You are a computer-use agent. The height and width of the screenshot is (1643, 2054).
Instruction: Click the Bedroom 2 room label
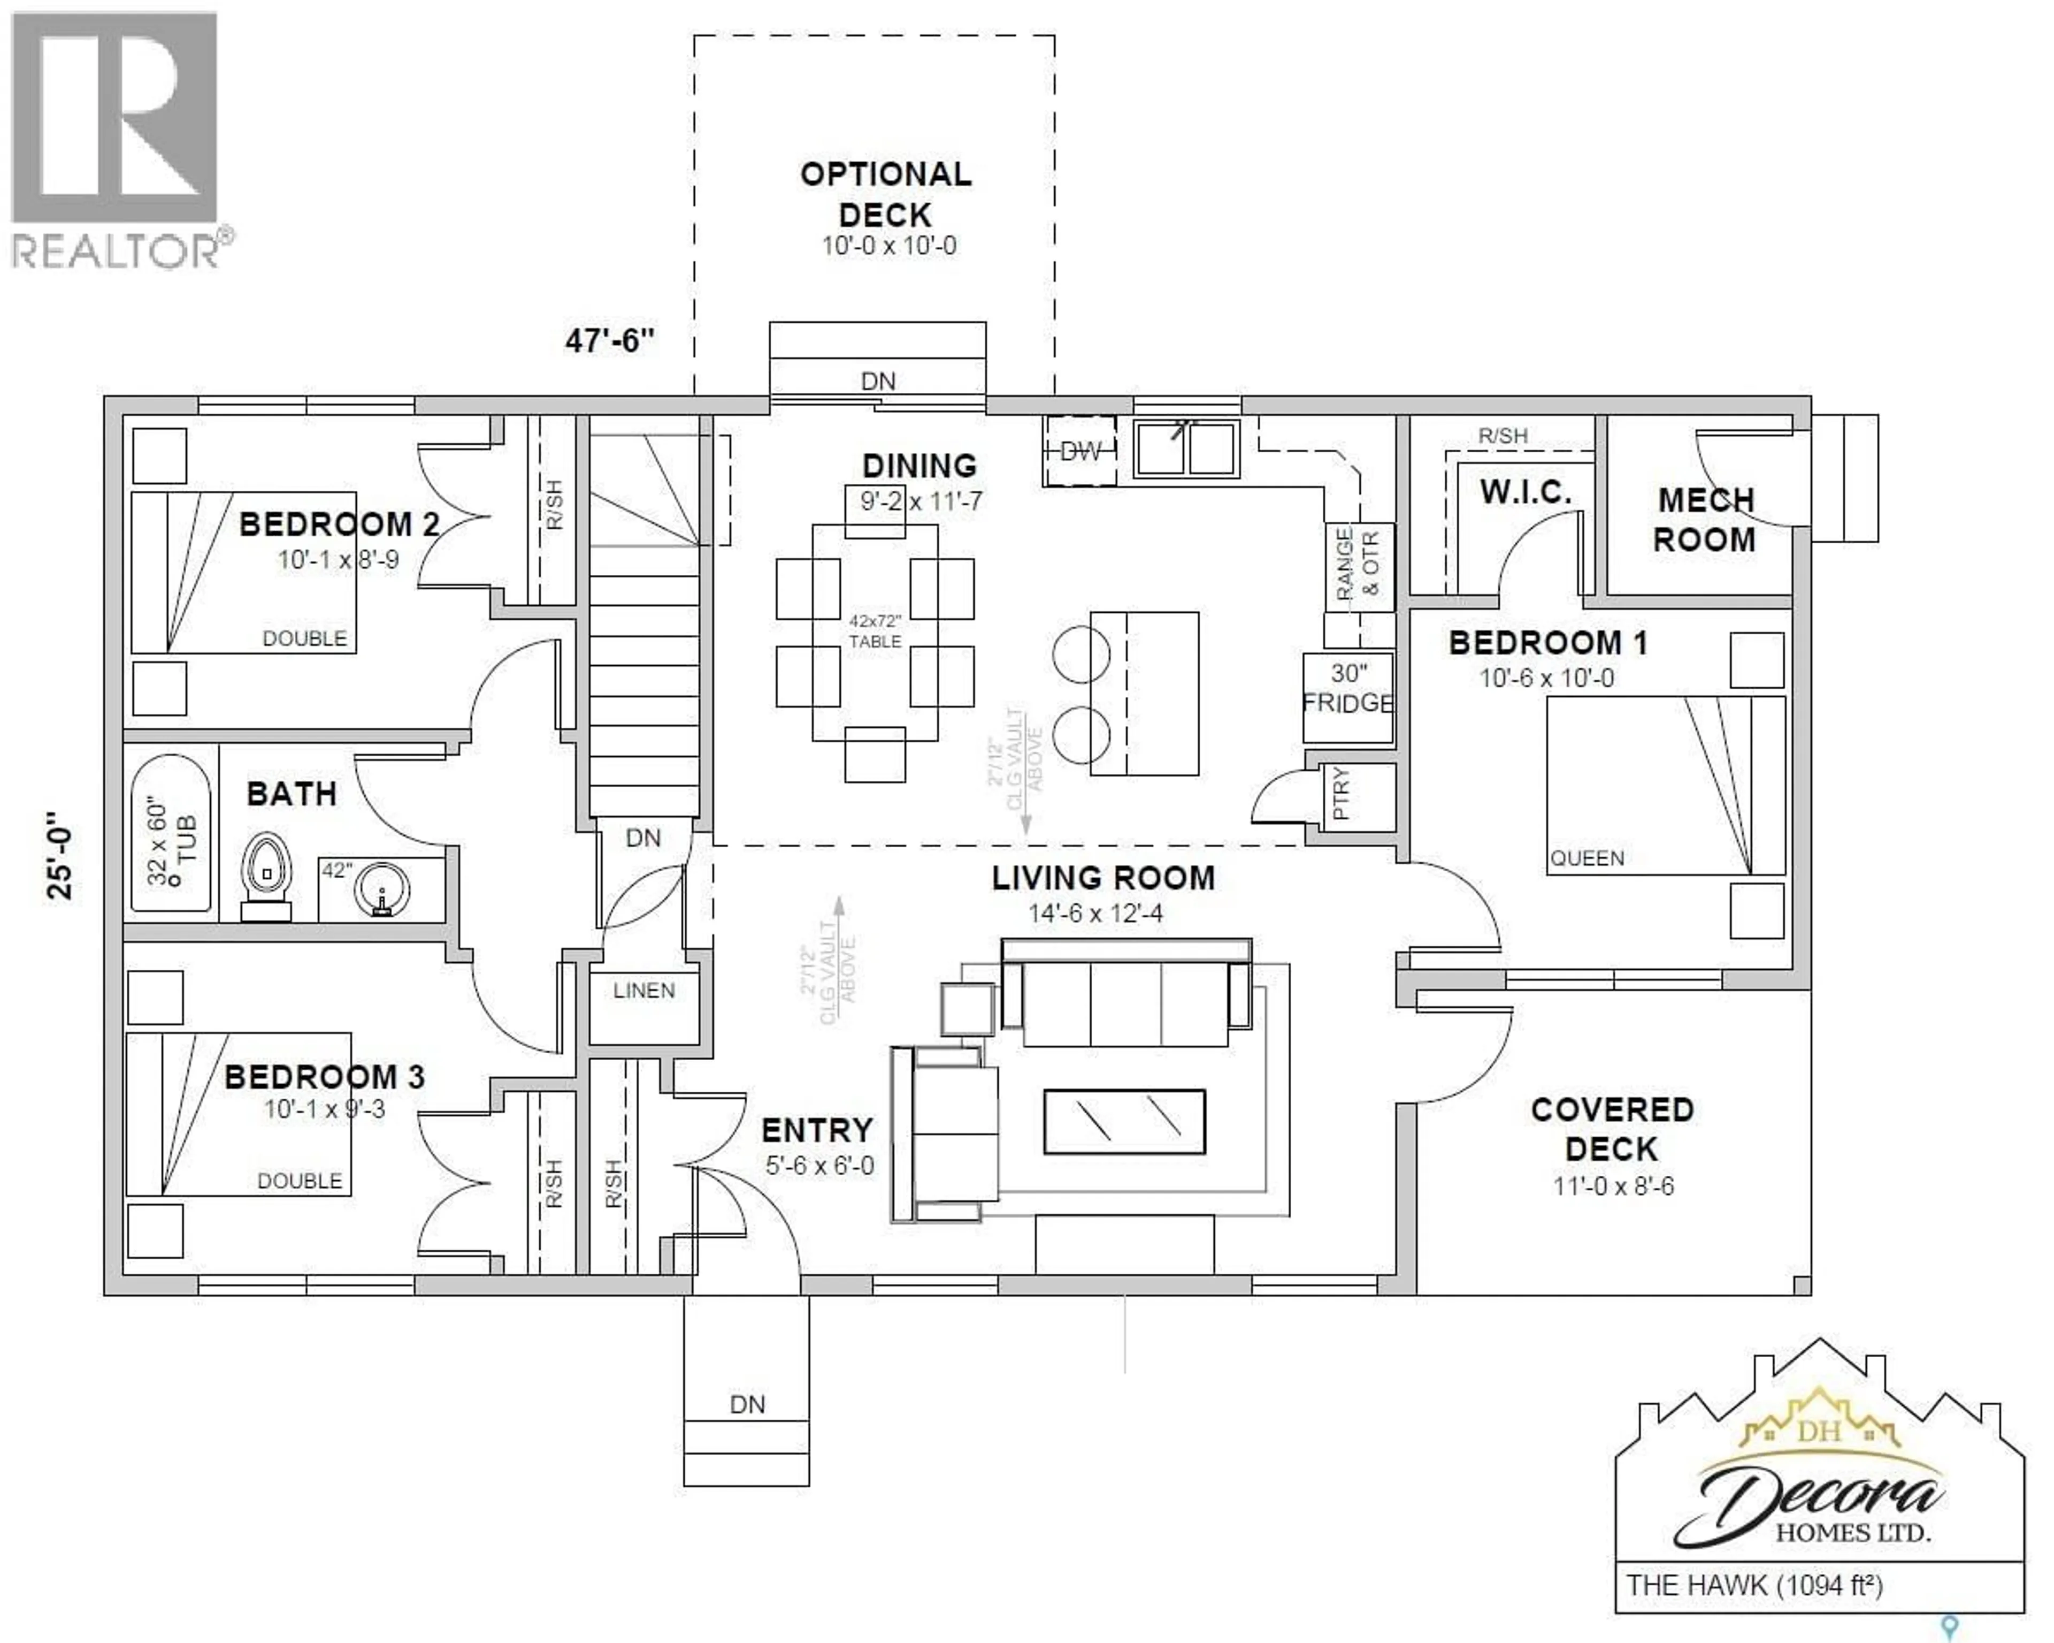(339, 524)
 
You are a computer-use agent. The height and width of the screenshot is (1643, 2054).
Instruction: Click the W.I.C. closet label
(1526, 493)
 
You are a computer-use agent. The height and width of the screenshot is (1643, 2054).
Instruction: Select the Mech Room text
(1704, 520)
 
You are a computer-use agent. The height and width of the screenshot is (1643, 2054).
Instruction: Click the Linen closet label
(644, 991)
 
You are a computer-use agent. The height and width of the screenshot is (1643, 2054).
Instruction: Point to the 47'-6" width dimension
(610, 340)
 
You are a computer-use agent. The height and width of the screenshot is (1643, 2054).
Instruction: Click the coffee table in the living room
(1124, 1122)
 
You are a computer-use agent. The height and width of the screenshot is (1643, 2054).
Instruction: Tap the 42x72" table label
(875, 631)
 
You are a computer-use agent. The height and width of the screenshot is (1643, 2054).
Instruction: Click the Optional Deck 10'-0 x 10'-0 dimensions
(889, 246)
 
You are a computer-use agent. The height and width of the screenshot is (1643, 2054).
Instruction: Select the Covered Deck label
(1612, 1129)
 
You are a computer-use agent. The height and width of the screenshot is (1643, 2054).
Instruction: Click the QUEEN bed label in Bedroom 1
(1587, 858)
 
